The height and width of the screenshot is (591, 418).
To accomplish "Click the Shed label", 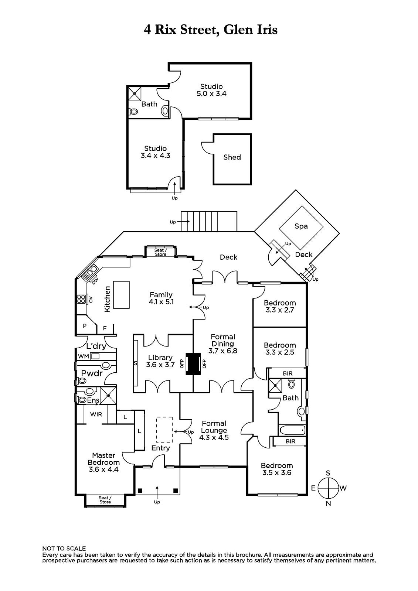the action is [232, 157].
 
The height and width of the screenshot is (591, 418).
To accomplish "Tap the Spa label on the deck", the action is [301, 226].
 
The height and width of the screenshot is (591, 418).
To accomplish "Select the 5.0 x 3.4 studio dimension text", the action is [211, 94].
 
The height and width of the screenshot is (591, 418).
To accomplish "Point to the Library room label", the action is [160, 358].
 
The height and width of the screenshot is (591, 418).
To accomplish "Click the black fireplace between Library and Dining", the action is [193, 364].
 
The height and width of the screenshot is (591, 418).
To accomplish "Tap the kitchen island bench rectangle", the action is [122, 295].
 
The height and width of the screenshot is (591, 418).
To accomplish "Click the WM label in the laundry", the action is [84, 356].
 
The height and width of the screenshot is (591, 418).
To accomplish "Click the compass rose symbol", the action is [328, 488].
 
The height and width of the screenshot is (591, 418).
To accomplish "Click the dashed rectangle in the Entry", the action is [164, 430].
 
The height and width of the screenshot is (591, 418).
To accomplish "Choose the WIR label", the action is [96, 414].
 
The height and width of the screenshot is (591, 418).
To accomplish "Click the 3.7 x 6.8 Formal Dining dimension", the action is [222, 351].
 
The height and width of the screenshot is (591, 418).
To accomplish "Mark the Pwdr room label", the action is [92, 373].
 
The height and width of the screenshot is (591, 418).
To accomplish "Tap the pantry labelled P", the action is [85, 326].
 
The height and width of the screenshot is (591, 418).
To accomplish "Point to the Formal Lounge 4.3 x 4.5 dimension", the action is [214, 437].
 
